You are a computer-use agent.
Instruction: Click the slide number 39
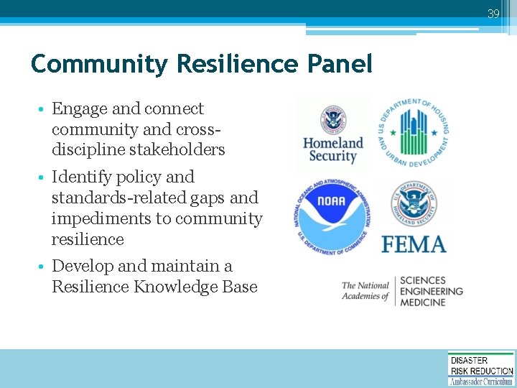tap(493, 14)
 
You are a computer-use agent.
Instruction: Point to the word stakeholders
tap(174, 150)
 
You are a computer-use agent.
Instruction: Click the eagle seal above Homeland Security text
tap(332, 118)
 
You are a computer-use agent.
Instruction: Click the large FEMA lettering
tap(414, 244)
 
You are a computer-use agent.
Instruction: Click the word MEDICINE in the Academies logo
tap(422, 302)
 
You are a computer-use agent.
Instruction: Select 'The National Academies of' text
tap(365, 291)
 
